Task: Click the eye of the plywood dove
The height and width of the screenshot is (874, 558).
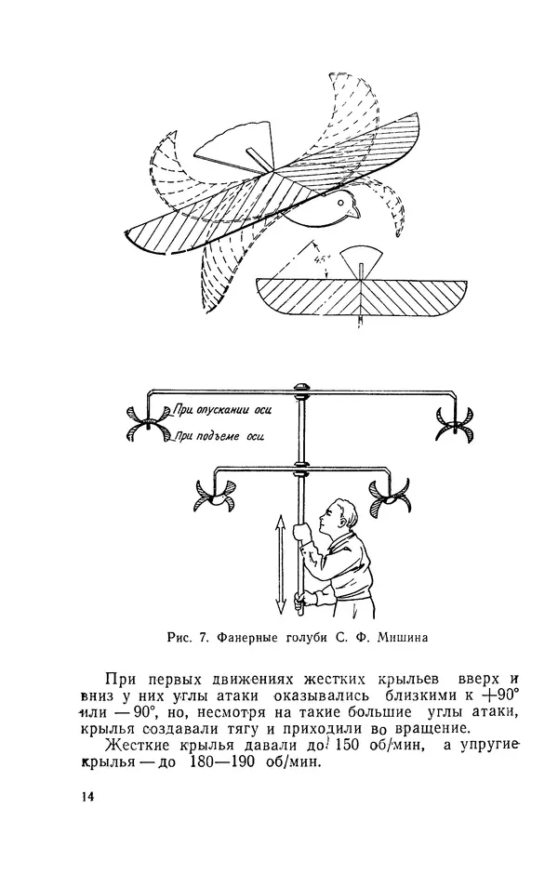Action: coord(341,201)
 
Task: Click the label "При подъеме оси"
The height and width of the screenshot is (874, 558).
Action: coord(216,434)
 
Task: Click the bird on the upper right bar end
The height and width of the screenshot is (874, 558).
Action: coord(455,422)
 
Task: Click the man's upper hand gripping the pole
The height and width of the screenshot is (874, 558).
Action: coord(302,531)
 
